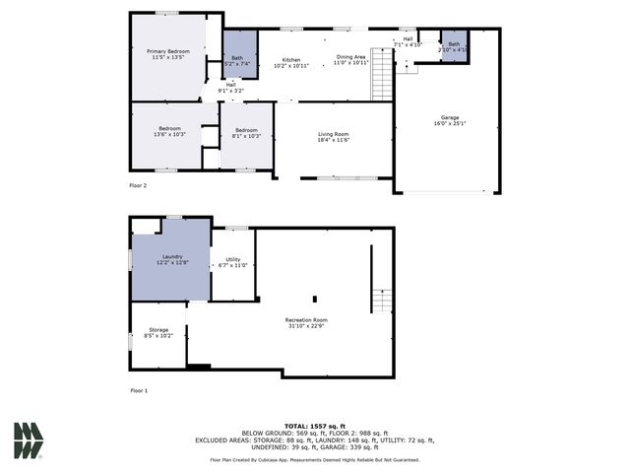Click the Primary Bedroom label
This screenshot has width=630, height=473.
click(x=168, y=53)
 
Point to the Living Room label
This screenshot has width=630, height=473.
click(x=334, y=137)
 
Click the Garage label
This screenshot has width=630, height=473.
click(x=449, y=120)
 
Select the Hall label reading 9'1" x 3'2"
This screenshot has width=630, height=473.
click(x=230, y=88)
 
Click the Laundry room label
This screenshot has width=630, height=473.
click(x=172, y=260)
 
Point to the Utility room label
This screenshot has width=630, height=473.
click(x=232, y=262)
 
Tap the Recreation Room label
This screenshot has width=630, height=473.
click(x=306, y=323)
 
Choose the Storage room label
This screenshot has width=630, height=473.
click(x=158, y=332)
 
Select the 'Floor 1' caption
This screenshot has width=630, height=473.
click(x=138, y=391)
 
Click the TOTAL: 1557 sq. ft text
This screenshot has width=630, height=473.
click(x=314, y=425)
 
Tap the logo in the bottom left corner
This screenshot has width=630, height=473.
click(x=28, y=440)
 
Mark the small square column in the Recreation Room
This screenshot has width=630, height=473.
click(x=314, y=299)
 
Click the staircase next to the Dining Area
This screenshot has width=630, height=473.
click(x=382, y=74)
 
